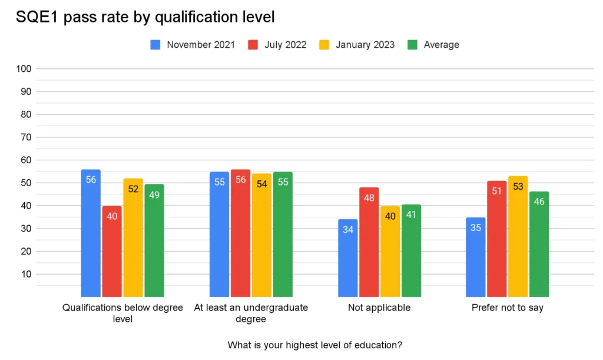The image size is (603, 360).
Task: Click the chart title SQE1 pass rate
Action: coord(145,18)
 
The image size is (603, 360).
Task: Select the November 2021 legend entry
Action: coord(193,45)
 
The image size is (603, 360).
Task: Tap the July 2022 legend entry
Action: coord(278,45)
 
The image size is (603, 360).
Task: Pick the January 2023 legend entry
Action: coord(357,45)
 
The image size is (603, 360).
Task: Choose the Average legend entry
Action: coord(434,45)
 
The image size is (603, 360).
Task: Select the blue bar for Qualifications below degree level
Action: coord(91,233)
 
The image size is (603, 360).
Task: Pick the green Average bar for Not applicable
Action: coord(411,250)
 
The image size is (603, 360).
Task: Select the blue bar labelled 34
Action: coord(347,258)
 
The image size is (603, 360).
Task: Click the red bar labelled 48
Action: coord(369,242)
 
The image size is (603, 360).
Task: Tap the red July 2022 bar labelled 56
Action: coord(240,233)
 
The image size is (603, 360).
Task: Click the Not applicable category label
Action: coord(379,308)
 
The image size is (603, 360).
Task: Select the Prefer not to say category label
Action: coord(507,308)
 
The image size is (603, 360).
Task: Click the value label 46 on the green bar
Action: coord(539,202)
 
